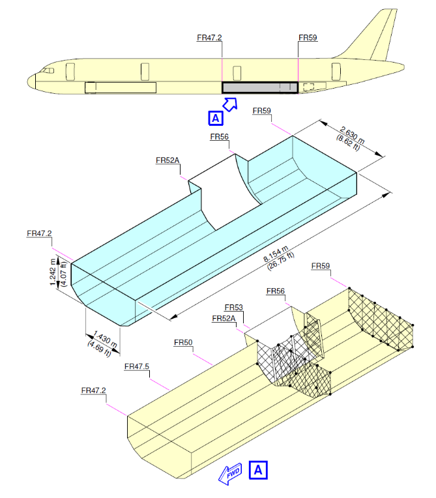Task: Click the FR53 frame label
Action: [233, 308]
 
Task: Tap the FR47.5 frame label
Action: [137, 367]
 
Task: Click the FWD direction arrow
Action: [231, 475]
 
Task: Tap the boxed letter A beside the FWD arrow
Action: [258, 469]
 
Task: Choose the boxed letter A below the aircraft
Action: [215, 117]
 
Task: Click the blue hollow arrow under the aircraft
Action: [231, 104]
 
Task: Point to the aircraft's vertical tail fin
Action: [378, 36]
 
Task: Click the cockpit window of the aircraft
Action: [47, 69]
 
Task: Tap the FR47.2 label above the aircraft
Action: [209, 38]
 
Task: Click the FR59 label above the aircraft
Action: [308, 38]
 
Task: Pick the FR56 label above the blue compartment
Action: [219, 137]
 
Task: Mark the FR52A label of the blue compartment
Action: [167, 160]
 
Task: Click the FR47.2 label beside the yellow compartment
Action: [94, 390]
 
